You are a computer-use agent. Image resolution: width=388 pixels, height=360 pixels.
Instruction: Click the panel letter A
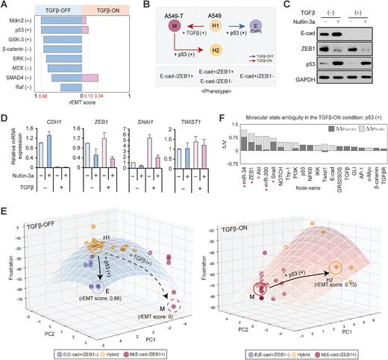[4, 5]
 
